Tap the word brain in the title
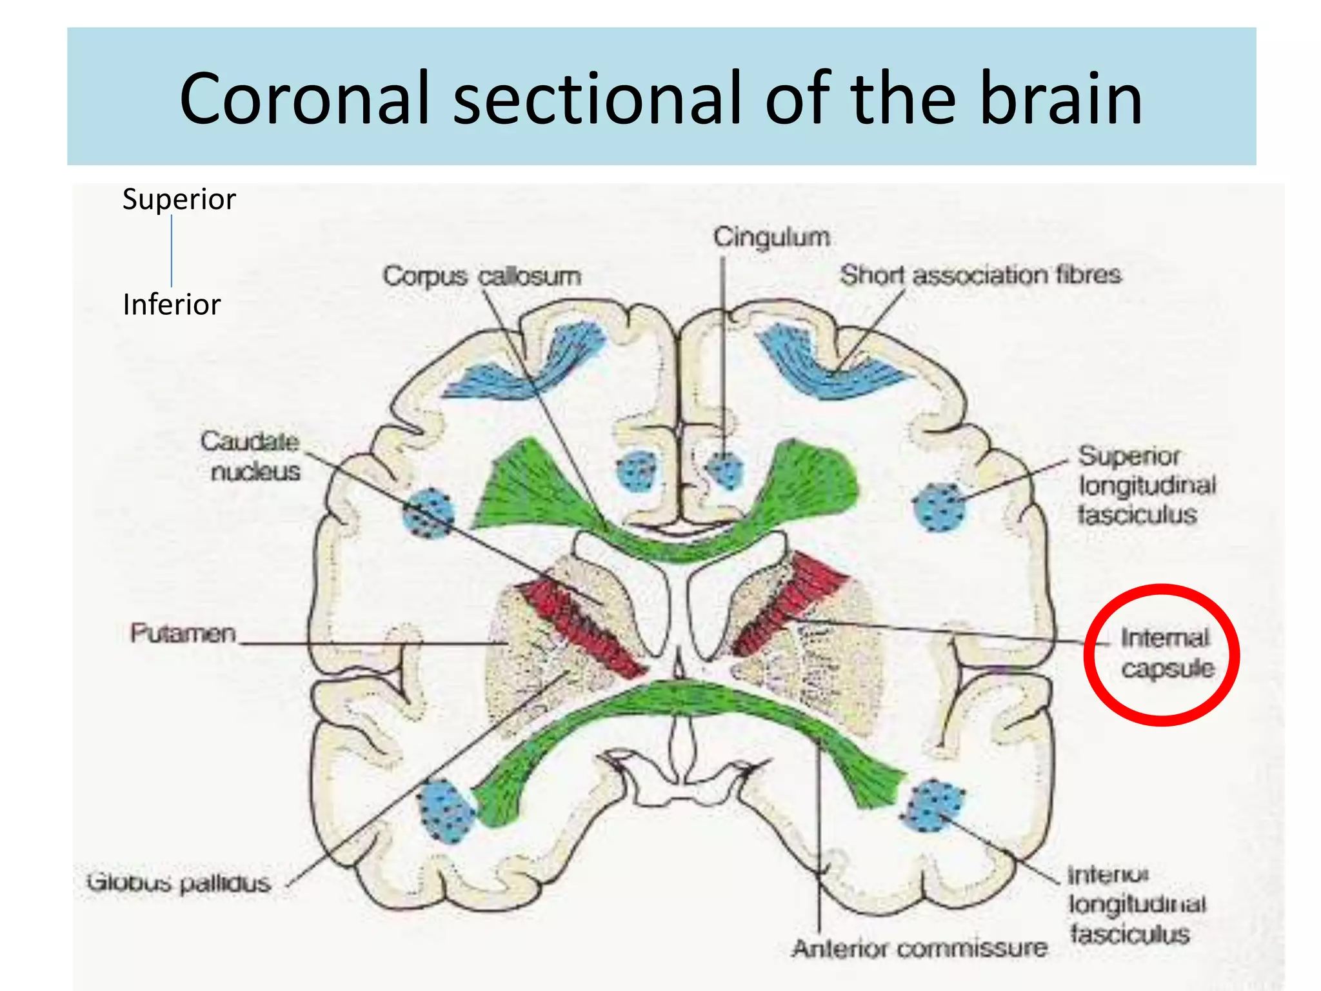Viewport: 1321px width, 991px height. [x=1060, y=98]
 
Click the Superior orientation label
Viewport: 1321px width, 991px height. [x=179, y=199]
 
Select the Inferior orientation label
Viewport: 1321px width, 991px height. [x=172, y=305]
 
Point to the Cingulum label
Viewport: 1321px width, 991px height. [x=771, y=237]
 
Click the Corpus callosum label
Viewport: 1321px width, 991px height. [x=482, y=276]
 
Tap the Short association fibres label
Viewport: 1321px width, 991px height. [x=980, y=275]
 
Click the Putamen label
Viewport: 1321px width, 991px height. [x=183, y=633]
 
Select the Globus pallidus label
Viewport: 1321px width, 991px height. [x=179, y=882]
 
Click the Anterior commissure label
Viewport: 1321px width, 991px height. [x=920, y=948]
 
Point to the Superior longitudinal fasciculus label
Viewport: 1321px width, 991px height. [x=1146, y=485]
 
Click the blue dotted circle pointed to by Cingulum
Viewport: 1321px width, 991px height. [x=724, y=469]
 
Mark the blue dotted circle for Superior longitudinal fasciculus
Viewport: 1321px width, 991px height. [x=940, y=507]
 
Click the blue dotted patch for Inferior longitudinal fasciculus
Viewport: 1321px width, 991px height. [x=933, y=806]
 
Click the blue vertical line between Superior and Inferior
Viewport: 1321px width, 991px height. [x=172, y=252]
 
